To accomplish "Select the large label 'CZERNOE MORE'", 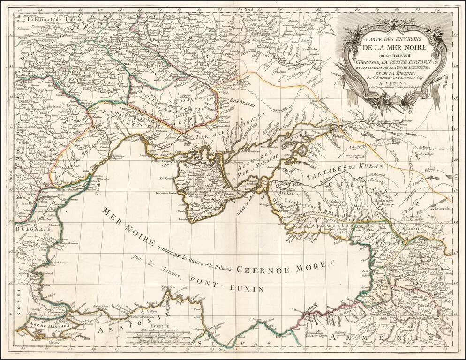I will click(x=282, y=268).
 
